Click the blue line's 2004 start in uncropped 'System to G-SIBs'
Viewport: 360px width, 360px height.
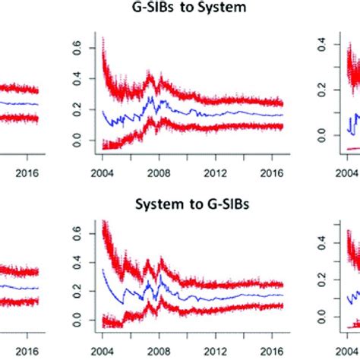click(x=102, y=268)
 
